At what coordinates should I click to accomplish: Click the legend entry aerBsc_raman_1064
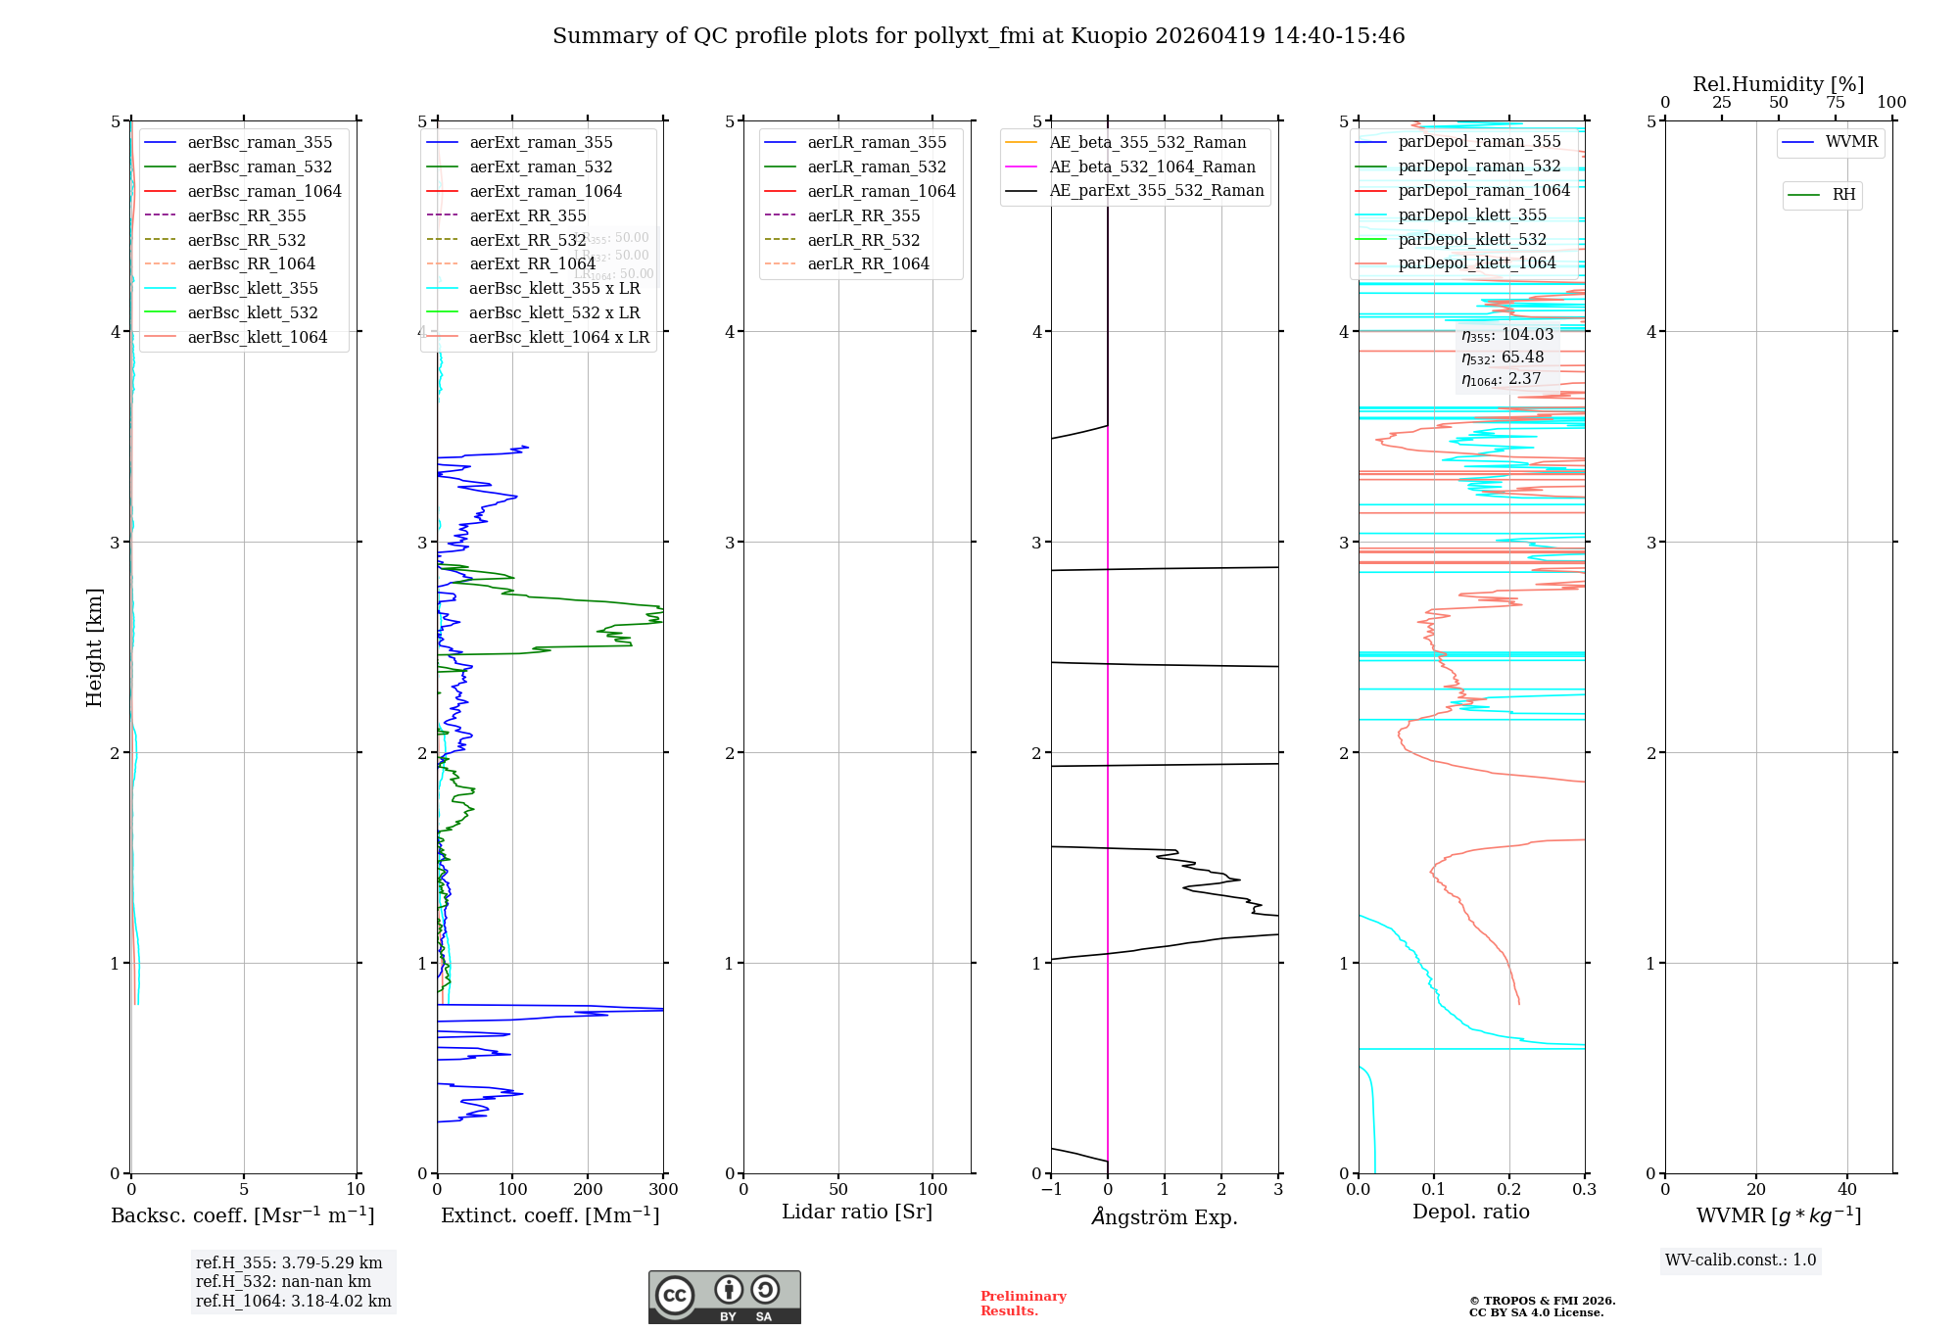pyautogui.click(x=264, y=191)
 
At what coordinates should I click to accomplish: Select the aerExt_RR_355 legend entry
pyautogui.click(x=527, y=215)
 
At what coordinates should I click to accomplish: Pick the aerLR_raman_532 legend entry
pyautogui.click(x=877, y=166)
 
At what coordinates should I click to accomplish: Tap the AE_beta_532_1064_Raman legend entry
pyautogui.click(x=1152, y=166)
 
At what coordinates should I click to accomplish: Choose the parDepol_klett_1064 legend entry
pyautogui.click(x=1476, y=262)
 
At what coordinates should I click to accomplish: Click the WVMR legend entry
pyautogui.click(x=1851, y=142)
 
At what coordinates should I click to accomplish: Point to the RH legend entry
pyautogui.click(x=1843, y=195)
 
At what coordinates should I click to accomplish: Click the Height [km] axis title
pyautogui.click(x=94, y=646)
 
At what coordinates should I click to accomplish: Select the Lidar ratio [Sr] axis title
pyautogui.click(x=857, y=1212)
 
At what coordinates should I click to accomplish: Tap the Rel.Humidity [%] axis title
pyautogui.click(x=1778, y=84)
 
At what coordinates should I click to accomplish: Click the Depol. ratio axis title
pyautogui.click(x=1470, y=1212)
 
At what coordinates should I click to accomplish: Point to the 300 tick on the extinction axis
pyautogui.click(x=663, y=1189)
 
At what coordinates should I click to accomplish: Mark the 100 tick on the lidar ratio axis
pyautogui.click(x=932, y=1189)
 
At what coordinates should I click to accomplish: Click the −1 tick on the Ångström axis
pyautogui.click(x=1051, y=1189)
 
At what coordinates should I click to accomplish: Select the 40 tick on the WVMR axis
pyautogui.click(x=1846, y=1189)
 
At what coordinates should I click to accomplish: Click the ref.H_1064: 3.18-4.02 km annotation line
pyautogui.click(x=293, y=1301)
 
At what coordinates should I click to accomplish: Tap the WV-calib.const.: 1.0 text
pyautogui.click(x=1741, y=1260)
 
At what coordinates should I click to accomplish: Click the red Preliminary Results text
pyautogui.click(x=1023, y=1303)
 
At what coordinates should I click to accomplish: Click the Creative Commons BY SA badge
pyautogui.click(x=724, y=1297)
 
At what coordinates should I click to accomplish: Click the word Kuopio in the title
pyautogui.click(x=1109, y=36)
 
